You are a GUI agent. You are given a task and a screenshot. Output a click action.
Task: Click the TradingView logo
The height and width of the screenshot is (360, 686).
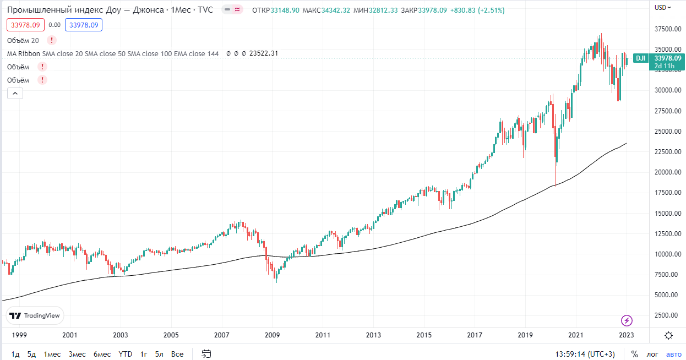pos(35,315)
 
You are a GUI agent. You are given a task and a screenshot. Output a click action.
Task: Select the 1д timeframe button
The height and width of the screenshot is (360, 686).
pos(15,354)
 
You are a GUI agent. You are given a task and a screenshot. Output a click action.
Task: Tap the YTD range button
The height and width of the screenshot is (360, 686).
pos(126,354)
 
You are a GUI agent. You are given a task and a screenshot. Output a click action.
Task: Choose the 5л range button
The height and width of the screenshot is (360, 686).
pos(159,354)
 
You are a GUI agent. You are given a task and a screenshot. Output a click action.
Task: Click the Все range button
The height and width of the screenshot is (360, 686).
pos(177,354)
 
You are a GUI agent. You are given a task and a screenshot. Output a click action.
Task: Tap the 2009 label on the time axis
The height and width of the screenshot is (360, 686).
pos(272,335)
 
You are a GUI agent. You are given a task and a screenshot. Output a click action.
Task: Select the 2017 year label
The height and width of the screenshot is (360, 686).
pos(475,335)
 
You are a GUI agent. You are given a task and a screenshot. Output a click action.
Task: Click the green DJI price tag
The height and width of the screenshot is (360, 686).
pos(640,58)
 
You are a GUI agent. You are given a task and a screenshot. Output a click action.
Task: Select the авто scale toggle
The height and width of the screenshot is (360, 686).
pos(674,354)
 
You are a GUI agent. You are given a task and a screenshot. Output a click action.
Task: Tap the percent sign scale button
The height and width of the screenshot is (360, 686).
pos(635,354)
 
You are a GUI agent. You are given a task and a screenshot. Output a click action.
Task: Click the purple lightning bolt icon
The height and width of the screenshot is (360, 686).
pos(627,320)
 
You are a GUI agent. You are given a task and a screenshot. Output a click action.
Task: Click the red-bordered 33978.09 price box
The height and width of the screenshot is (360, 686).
pos(25,25)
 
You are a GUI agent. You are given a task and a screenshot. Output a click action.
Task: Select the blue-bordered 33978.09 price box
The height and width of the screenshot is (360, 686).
pos(83,25)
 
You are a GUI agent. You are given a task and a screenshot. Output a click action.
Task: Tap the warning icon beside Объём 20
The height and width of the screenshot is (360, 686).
pos(51,40)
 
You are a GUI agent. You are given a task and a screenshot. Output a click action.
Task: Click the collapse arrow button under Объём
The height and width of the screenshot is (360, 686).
pos(15,94)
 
